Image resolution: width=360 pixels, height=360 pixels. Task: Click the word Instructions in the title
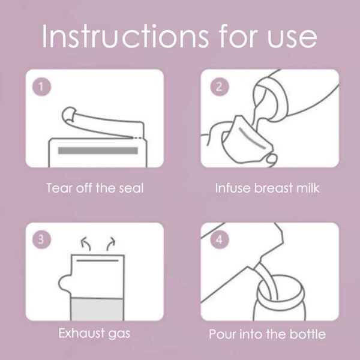point(125,36)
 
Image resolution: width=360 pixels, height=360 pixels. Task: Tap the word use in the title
point(292,38)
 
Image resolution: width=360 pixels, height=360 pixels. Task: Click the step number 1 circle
point(41,87)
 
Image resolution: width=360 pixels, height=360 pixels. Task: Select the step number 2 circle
point(220,87)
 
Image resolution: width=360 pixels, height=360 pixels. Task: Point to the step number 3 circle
point(41,239)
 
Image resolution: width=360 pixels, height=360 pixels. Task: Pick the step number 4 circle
point(220,239)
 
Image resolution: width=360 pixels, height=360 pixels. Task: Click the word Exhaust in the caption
point(81,333)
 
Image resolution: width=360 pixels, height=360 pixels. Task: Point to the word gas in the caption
point(119,335)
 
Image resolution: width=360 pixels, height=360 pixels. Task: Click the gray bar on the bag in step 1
point(98,151)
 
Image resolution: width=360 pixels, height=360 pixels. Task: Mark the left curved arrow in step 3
point(86,244)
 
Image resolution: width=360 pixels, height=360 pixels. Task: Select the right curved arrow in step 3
point(110,244)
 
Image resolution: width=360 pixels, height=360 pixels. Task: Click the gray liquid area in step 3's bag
point(98,309)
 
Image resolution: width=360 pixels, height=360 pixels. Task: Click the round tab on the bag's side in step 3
point(64,282)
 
